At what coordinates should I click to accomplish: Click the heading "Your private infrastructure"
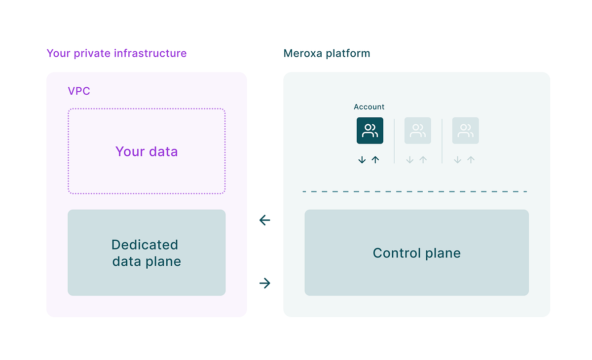click(x=116, y=53)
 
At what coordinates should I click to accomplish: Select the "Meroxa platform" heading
click(x=327, y=53)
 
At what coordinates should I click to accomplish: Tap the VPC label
click(x=79, y=91)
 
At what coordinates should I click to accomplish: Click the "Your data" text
click(x=147, y=151)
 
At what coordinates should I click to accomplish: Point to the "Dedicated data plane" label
click(x=146, y=253)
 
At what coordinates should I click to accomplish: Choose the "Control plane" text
click(x=416, y=253)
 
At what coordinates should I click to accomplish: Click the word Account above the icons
click(x=369, y=107)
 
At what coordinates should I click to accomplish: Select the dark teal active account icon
click(x=370, y=131)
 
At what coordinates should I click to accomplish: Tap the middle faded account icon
click(x=417, y=131)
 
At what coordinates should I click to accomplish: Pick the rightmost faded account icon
click(x=465, y=131)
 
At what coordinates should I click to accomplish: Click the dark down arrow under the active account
click(x=362, y=160)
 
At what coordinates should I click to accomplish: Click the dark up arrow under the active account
click(x=375, y=160)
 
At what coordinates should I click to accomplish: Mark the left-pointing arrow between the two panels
click(x=265, y=220)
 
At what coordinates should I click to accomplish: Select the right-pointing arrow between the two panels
click(x=265, y=283)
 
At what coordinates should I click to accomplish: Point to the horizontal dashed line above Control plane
click(x=414, y=191)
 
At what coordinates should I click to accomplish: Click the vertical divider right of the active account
click(x=394, y=141)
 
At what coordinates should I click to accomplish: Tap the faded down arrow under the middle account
click(x=409, y=160)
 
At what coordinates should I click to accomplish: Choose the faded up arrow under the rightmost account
click(x=471, y=160)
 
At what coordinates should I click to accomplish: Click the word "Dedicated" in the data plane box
click(x=145, y=245)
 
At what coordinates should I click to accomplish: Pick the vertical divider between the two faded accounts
click(x=442, y=141)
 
